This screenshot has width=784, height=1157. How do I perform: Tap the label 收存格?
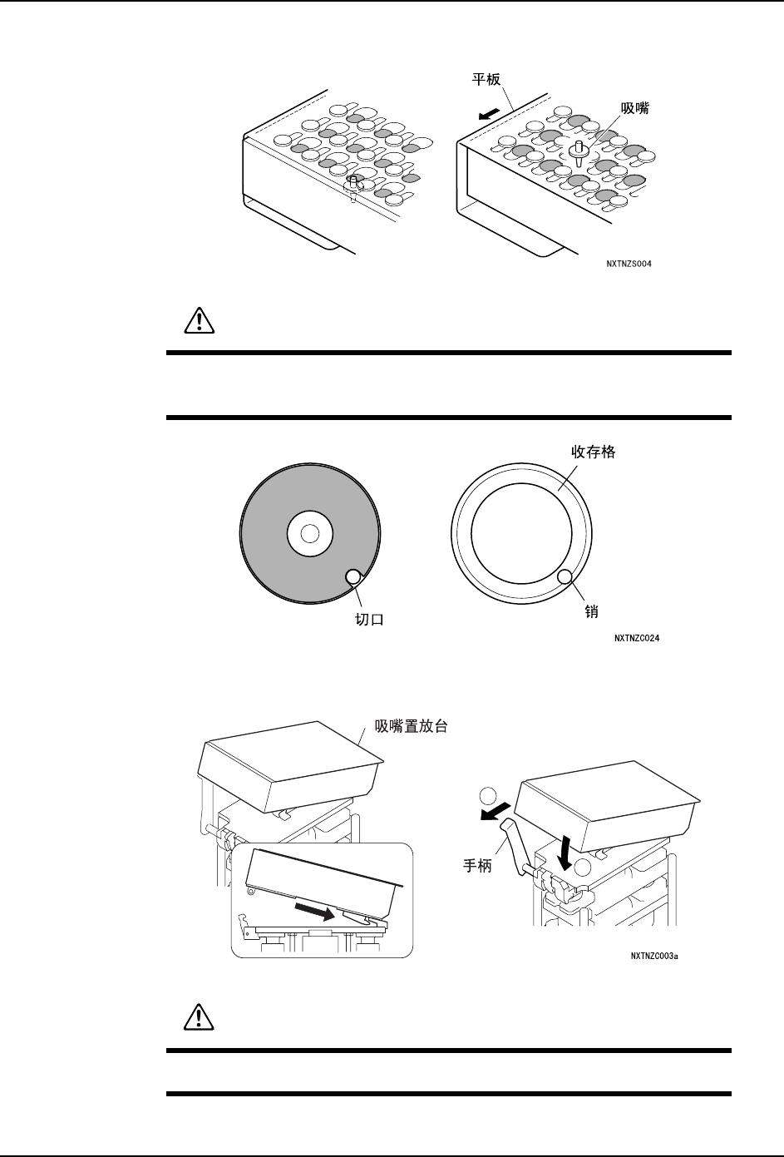[x=593, y=452]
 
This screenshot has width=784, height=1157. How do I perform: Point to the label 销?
[x=593, y=611]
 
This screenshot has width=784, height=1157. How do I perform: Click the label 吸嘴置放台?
[x=412, y=726]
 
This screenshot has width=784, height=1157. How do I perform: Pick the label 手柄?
[x=477, y=866]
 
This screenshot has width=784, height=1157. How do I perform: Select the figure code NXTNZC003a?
[x=654, y=957]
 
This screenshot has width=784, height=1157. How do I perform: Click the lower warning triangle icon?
[x=198, y=1019]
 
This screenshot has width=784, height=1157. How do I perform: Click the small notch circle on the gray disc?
[x=353, y=576]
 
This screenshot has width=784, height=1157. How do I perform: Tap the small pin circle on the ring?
[x=565, y=576]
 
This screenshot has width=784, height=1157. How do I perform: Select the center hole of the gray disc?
[x=309, y=534]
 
